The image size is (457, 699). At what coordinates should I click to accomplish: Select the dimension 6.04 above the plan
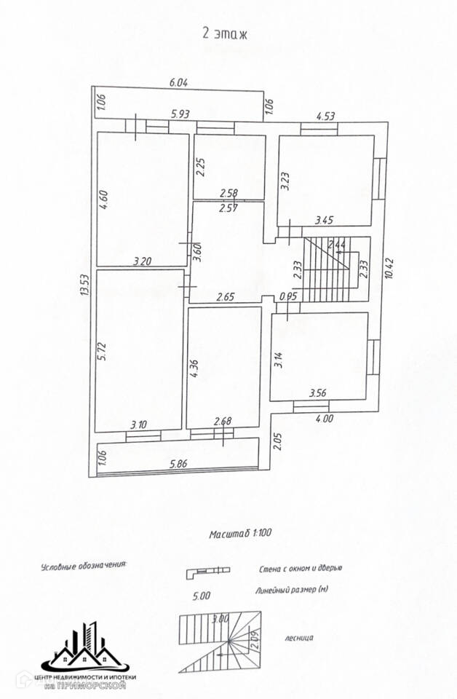coord(178,83)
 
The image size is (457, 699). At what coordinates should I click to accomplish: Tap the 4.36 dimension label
coord(194,368)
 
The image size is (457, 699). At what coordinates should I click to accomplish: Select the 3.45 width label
coord(324,218)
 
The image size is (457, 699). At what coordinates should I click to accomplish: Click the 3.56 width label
coord(317,393)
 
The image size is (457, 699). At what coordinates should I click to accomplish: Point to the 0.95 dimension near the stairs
coord(289,296)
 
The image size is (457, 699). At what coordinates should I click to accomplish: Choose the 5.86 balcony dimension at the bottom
coord(179,462)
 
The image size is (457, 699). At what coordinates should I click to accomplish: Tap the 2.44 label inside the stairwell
coord(337,244)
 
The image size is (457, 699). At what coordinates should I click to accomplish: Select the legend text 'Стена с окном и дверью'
coord(300,569)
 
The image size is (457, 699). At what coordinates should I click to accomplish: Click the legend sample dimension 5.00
coord(201,595)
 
